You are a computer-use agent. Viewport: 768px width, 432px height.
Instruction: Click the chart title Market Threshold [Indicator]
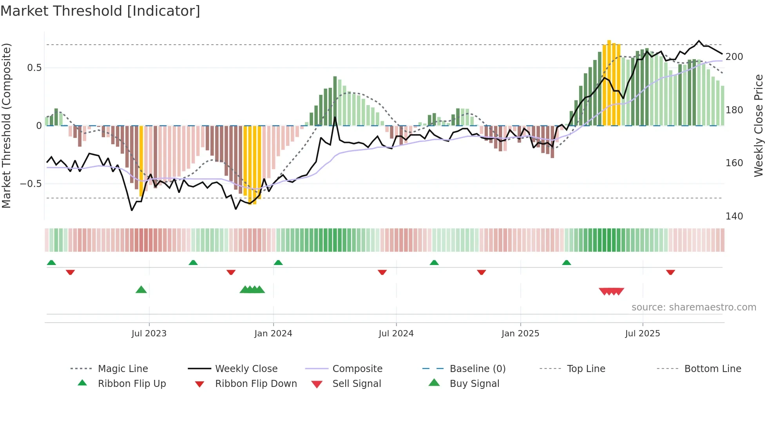click(x=100, y=11)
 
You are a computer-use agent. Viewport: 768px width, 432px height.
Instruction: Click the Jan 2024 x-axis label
click(x=273, y=333)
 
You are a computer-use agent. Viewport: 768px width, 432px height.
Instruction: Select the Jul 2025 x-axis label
click(x=642, y=333)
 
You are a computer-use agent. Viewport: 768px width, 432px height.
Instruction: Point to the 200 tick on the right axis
click(x=734, y=57)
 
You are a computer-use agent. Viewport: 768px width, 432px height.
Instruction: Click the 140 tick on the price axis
click(x=734, y=216)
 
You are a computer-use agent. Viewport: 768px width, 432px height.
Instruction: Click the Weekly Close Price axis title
click(x=759, y=125)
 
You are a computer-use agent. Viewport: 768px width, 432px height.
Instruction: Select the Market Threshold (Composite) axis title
click(x=6, y=125)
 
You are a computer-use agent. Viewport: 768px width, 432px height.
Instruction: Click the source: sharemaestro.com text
click(x=694, y=307)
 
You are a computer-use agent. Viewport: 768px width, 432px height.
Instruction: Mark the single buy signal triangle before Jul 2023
click(x=141, y=290)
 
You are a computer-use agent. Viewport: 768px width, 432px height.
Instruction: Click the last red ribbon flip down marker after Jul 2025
click(x=670, y=272)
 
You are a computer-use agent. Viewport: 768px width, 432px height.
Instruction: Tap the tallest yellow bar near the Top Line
click(x=609, y=82)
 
